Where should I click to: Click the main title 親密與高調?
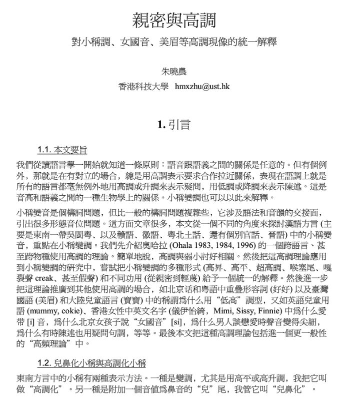174,21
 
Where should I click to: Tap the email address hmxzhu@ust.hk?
202,86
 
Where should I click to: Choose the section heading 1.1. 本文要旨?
62,149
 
